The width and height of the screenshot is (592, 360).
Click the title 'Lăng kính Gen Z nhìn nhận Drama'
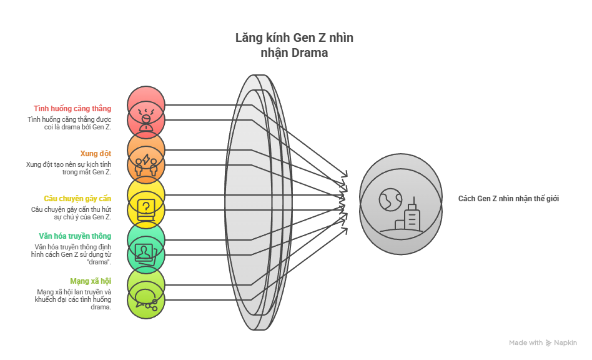click(x=294, y=45)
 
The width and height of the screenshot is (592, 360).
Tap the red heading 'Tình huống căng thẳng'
click(x=72, y=109)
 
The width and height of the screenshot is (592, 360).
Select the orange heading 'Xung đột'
click(x=96, y=153)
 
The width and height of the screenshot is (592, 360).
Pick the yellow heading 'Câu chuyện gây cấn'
click(x=77, y=198)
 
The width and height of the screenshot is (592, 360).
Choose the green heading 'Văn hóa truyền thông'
click(x=75, y=236)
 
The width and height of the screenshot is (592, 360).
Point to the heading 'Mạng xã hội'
click(x=91, y=281)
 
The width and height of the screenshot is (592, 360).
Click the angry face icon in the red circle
click(x=146, y=119)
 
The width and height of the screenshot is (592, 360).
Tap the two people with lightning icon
click(x=146, y=164)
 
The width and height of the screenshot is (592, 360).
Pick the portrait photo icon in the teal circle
click(x=146, y=252)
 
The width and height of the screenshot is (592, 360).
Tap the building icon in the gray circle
click(x=410, y=216)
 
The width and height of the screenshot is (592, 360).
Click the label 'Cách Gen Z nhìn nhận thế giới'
click(x=508, y=199)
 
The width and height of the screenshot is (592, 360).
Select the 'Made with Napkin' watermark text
click(x=542, y=342)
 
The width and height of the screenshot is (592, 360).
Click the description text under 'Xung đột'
click(x=69, y=168)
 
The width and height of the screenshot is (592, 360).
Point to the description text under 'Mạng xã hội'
click(x=73, y=299)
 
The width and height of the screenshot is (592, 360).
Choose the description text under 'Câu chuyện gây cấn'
click(x=71, y=213)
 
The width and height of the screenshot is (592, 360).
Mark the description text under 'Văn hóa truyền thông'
click(x=72, y=254)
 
